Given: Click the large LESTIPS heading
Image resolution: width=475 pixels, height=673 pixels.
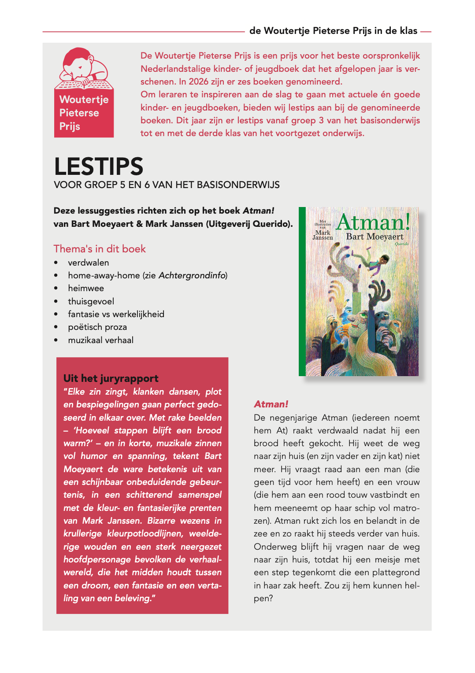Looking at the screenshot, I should [x=99, y=166].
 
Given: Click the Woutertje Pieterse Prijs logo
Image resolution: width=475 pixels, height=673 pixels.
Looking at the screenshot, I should [x=84, y=92].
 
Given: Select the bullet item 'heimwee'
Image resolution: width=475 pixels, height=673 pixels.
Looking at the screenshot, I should [x=86, y=288].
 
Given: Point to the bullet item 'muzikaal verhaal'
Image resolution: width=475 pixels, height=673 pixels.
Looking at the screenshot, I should [x=100, y=340].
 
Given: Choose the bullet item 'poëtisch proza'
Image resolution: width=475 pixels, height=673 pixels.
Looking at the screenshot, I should [x=97, y=327].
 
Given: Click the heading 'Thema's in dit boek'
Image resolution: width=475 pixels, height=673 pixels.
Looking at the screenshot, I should [x=100, y=249].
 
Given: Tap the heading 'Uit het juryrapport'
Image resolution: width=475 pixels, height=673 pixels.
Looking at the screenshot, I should [x=111, y=378].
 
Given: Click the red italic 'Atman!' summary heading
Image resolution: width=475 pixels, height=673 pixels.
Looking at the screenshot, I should [x=271, y=404].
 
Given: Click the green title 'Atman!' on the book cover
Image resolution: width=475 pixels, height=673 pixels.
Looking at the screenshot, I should [x=373, y=222].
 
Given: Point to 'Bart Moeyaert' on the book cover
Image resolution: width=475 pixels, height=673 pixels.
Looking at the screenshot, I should [x=375, y=237].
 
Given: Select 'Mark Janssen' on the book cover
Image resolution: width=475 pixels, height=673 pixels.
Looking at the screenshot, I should [x=323, y=235].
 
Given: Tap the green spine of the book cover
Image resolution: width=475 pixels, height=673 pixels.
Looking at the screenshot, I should [x=302, y=291].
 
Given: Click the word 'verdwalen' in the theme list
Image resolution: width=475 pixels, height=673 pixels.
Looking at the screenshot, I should [x=88, y=263].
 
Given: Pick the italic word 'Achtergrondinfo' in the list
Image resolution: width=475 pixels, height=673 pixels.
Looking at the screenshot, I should [x=192, y=275].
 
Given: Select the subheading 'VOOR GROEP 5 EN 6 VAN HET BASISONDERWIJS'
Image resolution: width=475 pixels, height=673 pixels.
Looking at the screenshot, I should [x=167, y=185].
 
